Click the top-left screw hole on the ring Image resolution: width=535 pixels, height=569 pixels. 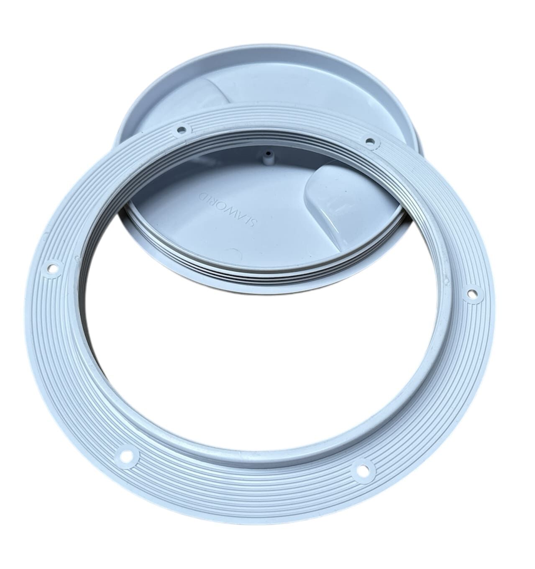coord(181,130)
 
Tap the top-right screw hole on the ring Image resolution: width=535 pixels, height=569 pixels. coord(370,141)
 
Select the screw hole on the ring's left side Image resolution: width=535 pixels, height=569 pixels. coord(53,269)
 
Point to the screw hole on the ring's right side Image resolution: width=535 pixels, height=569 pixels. coord(472,293)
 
